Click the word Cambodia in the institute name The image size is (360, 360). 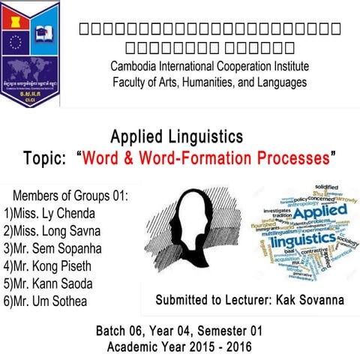[136, 66]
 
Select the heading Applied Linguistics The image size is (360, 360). [177, 137]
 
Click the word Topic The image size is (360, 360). [47, 159]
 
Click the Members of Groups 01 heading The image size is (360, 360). [70, 195]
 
